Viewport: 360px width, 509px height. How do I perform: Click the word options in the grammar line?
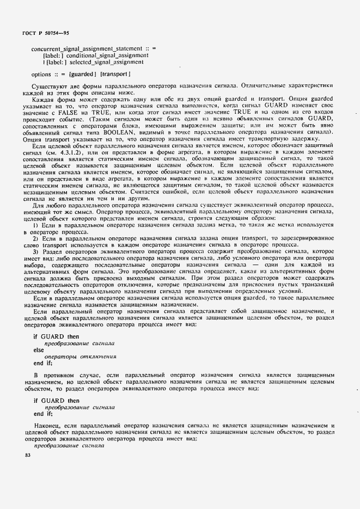(x=41, y=75)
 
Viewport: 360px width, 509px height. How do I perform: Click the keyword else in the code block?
(x=39, y=350)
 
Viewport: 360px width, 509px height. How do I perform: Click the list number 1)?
(x=36, y=225)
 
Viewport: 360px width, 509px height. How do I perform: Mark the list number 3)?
(x=36, y=252)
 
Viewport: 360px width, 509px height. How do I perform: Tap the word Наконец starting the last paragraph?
(x=48, y=424)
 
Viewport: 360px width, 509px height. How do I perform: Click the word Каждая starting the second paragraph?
(x=46, y=99)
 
